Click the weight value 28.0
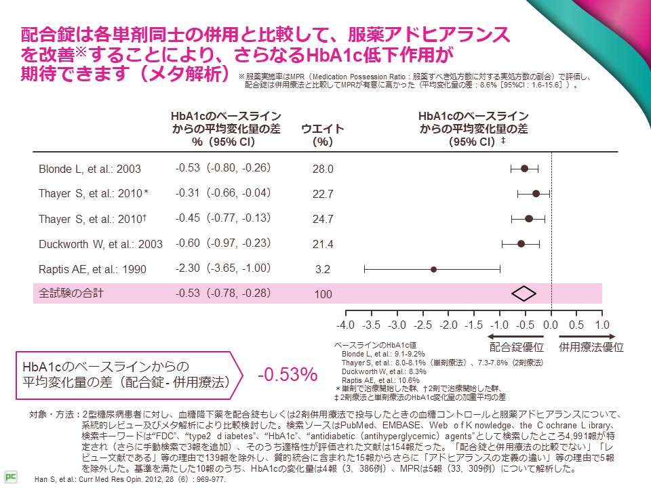coord(323,169)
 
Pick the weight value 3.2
coord(323,270)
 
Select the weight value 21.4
coord(323,245)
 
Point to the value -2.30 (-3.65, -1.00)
coord(223,268)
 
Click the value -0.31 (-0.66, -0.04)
coord(223,193)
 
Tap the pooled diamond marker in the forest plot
coord(524,293)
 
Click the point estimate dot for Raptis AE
coord(433,269)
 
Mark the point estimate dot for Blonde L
coord(524,169)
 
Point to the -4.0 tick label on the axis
coord(346,324)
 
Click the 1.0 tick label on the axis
coord(602,324)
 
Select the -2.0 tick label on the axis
coord(448,324)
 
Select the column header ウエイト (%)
coord(323,136)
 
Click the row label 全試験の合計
coord(71,293)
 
